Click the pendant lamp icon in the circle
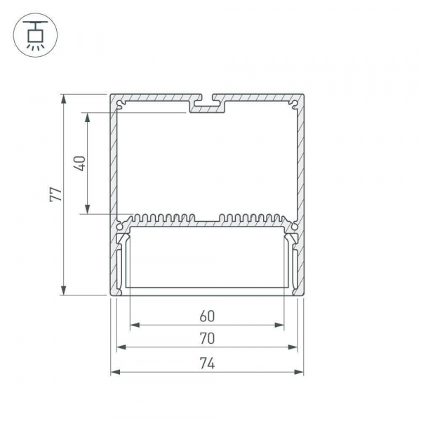coord(35,35)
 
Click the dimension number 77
coord(56,194)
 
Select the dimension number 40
coord(80,163)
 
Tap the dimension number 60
coord(207,316)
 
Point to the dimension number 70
coord(207,339)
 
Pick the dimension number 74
coord(207,363)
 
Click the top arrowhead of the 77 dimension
coord(63,99)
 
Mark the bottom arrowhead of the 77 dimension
coord(63,290)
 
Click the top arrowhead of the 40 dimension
coord(87,117)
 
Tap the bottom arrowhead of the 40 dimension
coord(87,209)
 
